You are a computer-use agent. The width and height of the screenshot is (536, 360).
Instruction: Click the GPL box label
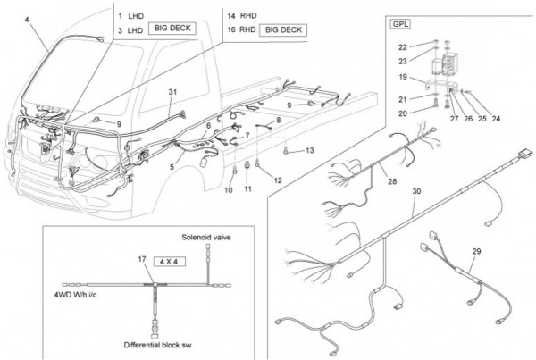(x=400, y=24)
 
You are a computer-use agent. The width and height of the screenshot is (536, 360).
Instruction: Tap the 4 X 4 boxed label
(x=169, y=262)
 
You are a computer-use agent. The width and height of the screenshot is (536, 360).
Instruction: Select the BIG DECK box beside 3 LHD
(x=172, y=29)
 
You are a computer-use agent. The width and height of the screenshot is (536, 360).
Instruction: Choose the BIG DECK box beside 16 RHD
(x=283, y=30)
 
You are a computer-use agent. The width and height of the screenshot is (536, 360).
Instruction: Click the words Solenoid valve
(x=206, y=238)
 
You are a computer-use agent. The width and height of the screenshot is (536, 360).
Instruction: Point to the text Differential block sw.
(x=158, y=345)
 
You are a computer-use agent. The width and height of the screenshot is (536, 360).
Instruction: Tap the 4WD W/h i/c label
(x=76, y=295)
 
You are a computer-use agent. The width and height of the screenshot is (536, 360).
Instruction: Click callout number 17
(x=142, y=259)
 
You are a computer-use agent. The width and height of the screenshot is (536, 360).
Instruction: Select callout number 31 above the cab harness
(x=172, y=92)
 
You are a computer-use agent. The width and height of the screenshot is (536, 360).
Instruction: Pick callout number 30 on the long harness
(x=416, y=191)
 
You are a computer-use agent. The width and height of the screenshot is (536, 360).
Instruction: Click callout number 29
(x=476, y=252)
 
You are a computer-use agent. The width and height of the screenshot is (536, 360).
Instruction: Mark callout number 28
(x=392, y=181)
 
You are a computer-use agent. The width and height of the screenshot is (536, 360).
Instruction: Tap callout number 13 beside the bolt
(x=310, y=150)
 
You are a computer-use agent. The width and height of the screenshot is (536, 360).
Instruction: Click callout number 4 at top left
(x=27, y=20)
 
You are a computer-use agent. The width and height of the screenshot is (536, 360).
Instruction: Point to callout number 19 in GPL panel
(x=403, y=77)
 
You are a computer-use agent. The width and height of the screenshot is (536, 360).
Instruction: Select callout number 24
(x=496, y=119)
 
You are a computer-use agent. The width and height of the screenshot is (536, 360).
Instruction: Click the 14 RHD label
(x=242, y=16)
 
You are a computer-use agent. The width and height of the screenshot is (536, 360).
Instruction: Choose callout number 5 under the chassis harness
(x=172, y=167)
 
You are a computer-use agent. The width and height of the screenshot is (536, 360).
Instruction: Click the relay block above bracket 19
(x=444, y=64)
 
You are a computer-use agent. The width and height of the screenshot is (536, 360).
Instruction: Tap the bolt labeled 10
(x=235, y=170)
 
